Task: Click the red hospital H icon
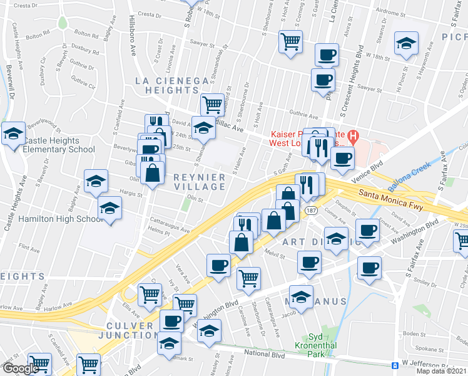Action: pyautogui.click(x=353, y=135)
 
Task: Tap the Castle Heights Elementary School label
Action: pyautogui.click(x=58, y=145)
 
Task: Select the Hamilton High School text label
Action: pyautogui.click(x=52, y=219)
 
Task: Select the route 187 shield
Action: pyautogui.click(x=311, y=211)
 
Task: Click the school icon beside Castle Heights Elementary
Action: pyautogui.click(x=13, y=133)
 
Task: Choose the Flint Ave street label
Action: pyautogui.click(x=29, y=248)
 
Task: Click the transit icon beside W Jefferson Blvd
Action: pyautogui.click(x=395, y=365)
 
